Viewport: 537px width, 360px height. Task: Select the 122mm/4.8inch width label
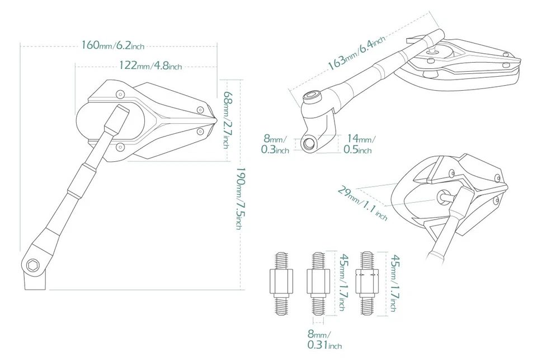[x=150, y=66]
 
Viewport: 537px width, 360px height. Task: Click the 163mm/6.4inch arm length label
[x=356, y=53]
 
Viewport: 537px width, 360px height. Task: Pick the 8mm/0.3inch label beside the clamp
[x=275, y=145]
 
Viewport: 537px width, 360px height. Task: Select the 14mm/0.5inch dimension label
[x=359, y=144]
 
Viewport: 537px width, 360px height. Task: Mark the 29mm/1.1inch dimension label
[x=362, y=203]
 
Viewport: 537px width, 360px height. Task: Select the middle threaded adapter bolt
[x=317, y=282]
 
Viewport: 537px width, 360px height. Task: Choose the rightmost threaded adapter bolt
[x=368, y=282]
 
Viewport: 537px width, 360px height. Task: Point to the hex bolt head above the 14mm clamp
[x=311, y=99]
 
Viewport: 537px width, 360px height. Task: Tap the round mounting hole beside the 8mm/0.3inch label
[x=308, y=143]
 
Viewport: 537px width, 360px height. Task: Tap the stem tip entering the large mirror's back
[x=120, y=110]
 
